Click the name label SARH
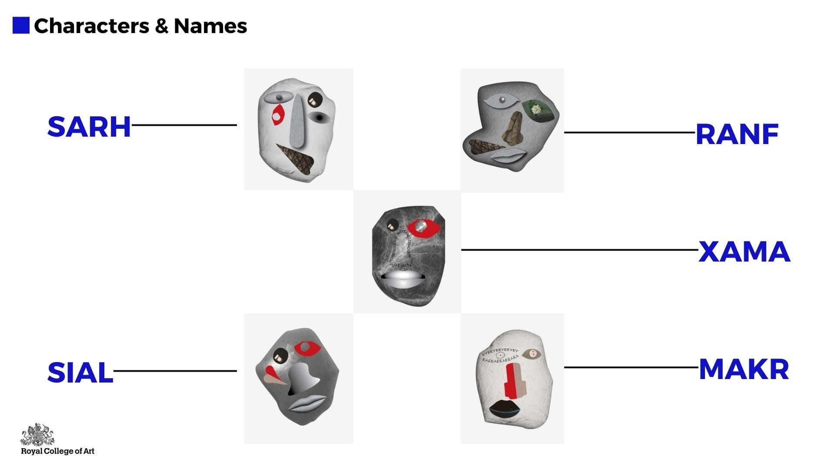pos(89,127)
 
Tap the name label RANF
pos(737,134)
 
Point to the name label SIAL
pos(80,373)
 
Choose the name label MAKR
pos(744,369)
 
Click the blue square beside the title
pos(21,25)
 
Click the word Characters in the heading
pos(91,26)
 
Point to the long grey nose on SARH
pos(297,122)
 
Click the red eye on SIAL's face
pos(307,348)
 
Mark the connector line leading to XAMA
pos(578,250)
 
